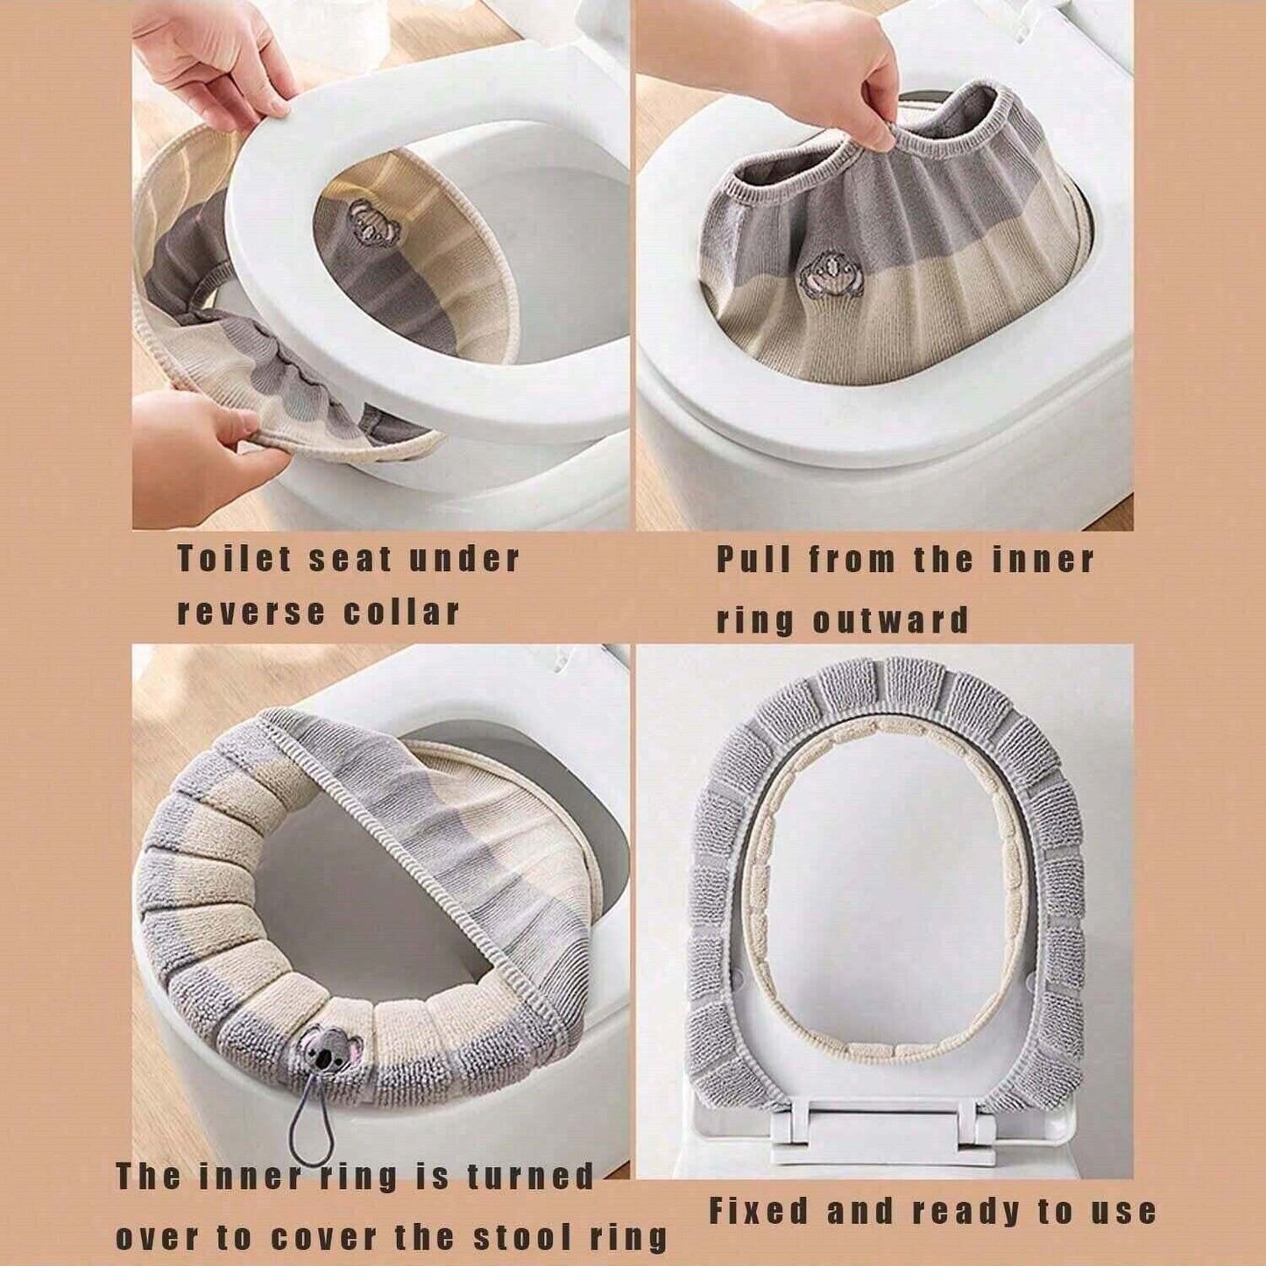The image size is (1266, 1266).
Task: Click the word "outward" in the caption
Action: coord(890,620)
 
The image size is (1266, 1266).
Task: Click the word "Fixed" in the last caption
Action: coord(759,1212)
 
